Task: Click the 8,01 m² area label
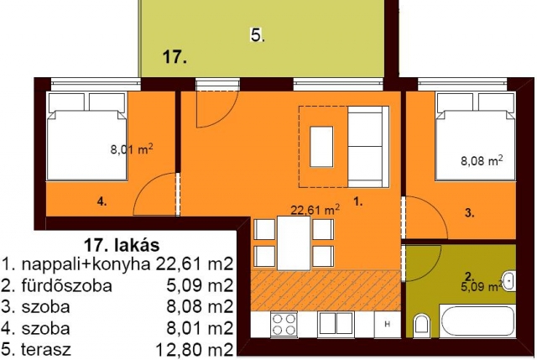coord(132,149)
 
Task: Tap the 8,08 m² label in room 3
coord(482,160)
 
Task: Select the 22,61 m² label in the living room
coord(315,209)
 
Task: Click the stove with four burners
coord(284,325)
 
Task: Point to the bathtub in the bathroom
coord(477,321)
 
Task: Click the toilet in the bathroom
coord(420,326)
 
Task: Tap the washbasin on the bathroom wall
coord(509,281)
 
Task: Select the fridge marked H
coord(388,324)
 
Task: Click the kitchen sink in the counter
coord(336,324)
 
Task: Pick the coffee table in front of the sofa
coord(321,147)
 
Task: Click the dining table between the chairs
coord(294,243)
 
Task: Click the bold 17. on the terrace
coord(175,56)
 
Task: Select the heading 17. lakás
coord(122,245)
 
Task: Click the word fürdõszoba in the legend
coord(67,285)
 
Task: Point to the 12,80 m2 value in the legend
coord(194,350)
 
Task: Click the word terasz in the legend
coord(46,349)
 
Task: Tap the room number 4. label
coord(102,202)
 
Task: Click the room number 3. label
coord(470,213)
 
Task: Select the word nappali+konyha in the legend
coord(86,264)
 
